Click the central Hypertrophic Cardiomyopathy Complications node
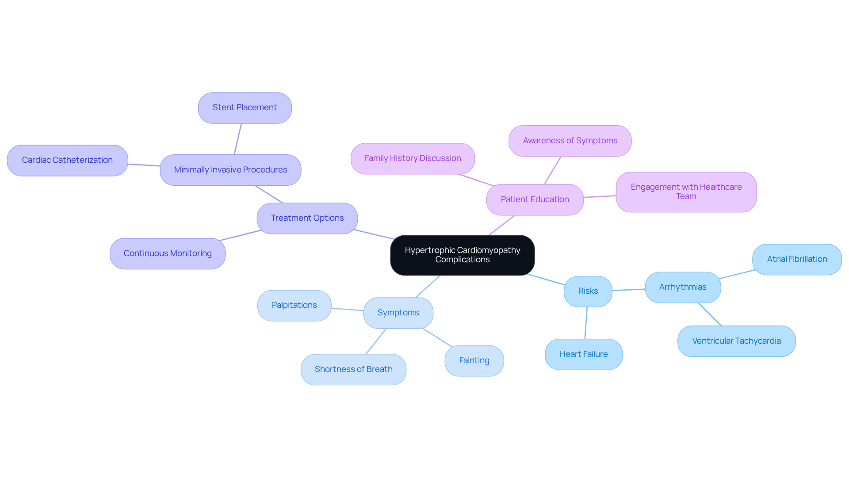coord(462,255)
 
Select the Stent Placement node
coord(245,108)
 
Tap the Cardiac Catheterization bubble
coord(67,161)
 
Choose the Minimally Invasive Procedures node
coord(230,170)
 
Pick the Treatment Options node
coord(307,218)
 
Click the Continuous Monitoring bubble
coord(168,253)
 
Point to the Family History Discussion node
coord(413,158)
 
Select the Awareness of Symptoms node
coord(570,141)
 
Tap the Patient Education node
coord(535,199)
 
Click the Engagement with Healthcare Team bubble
coord(686,192)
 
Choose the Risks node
coord(588,291)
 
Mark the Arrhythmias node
coord(683,287)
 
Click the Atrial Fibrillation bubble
coord(797,259)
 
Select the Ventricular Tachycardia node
coord(736,341)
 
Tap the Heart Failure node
coord(584,354)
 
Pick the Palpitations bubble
coord(294,305)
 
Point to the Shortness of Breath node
coord(353,369)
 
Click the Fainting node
coord(474,360)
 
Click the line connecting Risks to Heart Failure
coord(586,323)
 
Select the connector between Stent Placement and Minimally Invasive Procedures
coord(238,139)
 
